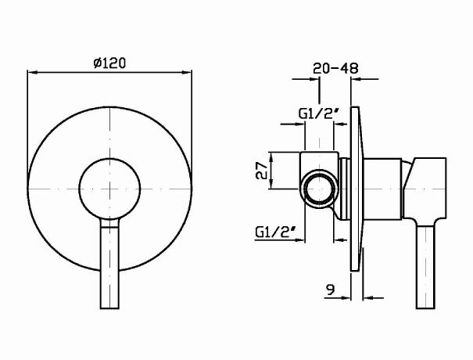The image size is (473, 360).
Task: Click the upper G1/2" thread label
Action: (317, 113)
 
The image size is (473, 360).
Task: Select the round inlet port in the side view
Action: (318, 189)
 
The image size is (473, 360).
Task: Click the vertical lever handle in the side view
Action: (428, 266)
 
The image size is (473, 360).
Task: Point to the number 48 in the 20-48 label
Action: (349, 68)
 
